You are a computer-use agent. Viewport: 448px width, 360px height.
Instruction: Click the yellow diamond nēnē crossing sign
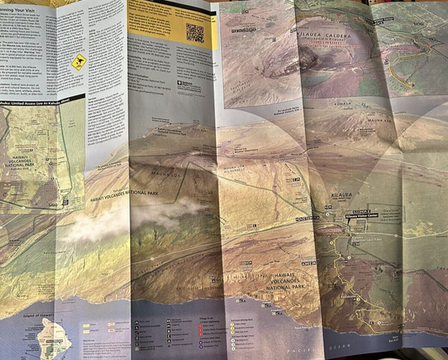(x=78, y=61)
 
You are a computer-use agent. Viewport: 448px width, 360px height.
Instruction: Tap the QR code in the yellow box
(x=195, y=33)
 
